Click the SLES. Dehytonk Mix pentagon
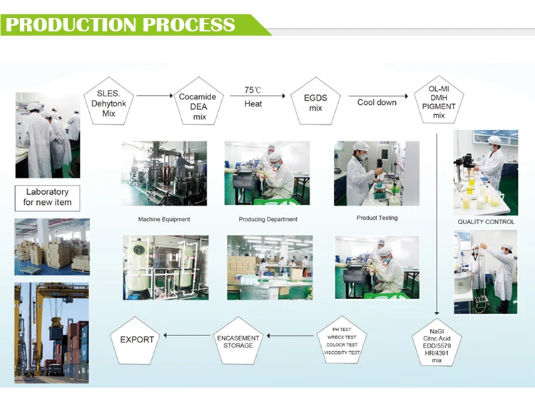coord(108,103)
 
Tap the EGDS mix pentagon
coord(315,103)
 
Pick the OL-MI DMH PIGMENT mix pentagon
coord(439,103)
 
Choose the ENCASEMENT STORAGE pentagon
coord(238,341)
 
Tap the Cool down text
coord(377,103)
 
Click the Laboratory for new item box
coord(47,197)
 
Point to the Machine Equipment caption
coord(164,219)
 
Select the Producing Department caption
coord(267,219)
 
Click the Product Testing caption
coord(377,218)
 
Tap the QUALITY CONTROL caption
coord(486,222)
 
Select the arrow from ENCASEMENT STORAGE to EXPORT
coord(187,335)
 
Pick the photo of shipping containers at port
coord(52,330)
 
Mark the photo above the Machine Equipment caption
coord(164,173)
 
